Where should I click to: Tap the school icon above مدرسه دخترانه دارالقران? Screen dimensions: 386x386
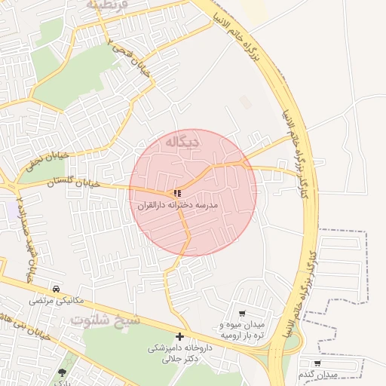click(177, 193)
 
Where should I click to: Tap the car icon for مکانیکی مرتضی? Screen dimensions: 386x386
click(57, 289)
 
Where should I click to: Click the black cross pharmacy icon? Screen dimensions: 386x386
click(179, 336)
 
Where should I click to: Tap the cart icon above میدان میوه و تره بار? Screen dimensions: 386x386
click(241, 314)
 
